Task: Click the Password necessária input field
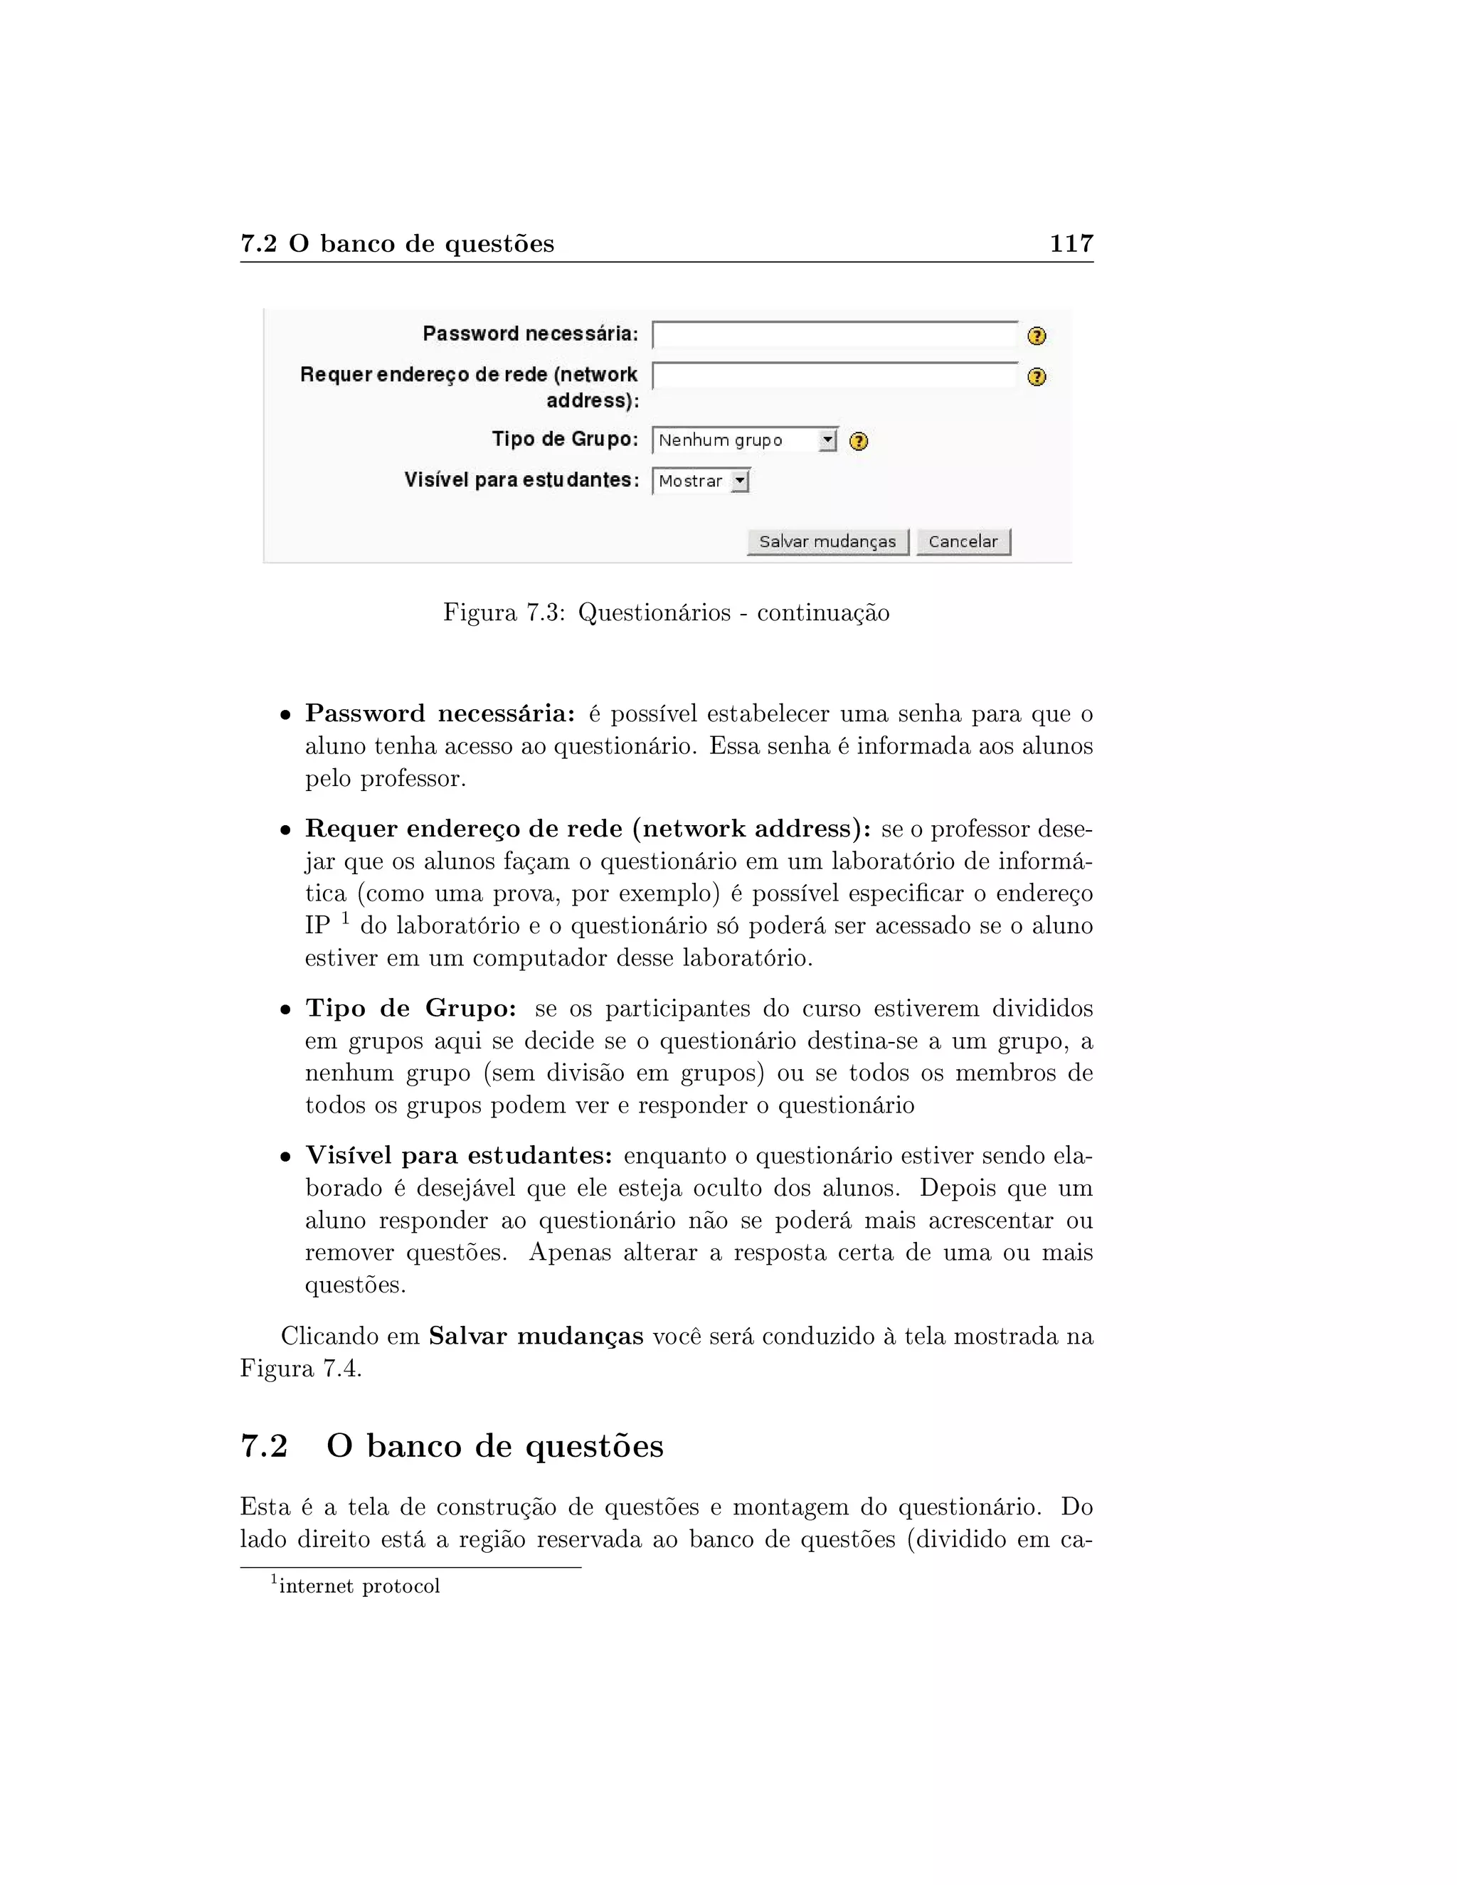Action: tap(834, 335)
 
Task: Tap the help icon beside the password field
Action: tap(1037, 336)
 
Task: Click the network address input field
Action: tap(834, 376)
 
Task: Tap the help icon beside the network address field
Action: tap(1037, 377)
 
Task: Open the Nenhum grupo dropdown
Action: tap(744, 440)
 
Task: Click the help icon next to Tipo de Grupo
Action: tap(858, 441)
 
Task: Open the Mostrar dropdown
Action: tap(701, 481)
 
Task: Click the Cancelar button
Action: tap(963, 542)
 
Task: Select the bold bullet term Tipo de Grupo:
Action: tap(411, 1008)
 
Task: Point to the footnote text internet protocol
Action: tap(359, 1586)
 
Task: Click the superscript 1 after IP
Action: tap(344, 918)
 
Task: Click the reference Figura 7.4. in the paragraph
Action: tap(300, 1369)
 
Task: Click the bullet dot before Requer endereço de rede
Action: tap(285, 830)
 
